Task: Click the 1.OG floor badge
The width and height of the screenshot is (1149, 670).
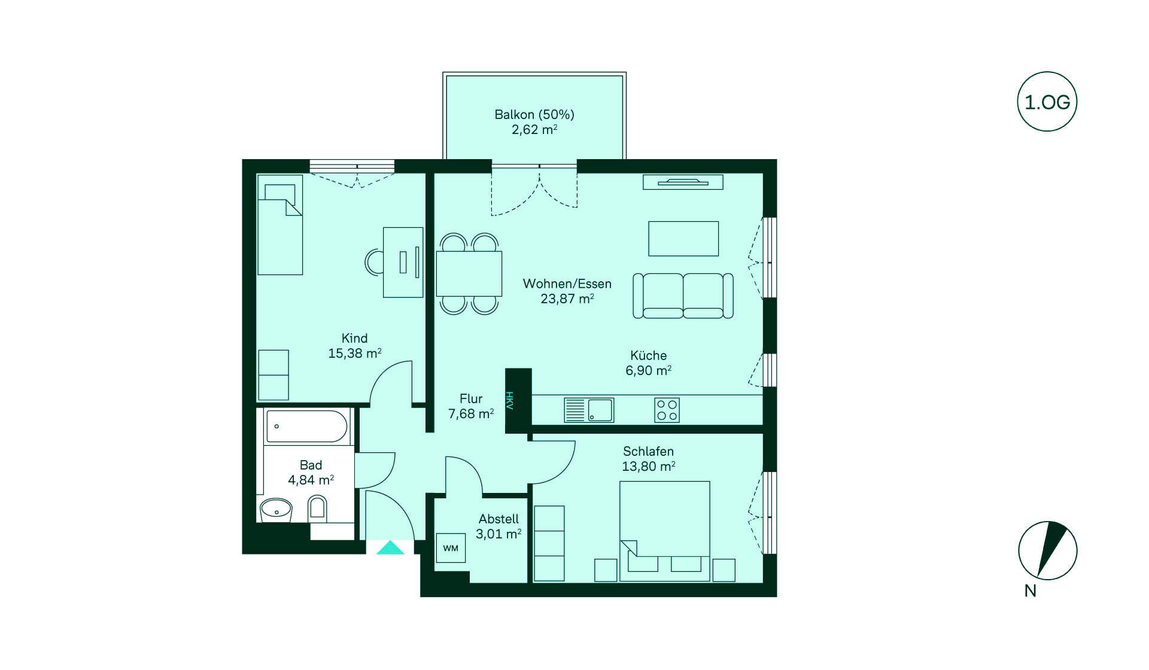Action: [1047, 102]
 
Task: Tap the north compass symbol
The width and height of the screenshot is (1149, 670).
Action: [1048, 550]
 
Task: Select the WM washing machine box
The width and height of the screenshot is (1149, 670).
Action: [451, 548]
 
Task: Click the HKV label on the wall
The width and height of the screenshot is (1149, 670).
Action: [510, 400]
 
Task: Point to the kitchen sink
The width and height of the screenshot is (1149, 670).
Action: [589, 410]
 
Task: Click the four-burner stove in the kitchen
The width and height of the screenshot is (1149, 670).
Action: [667, 410]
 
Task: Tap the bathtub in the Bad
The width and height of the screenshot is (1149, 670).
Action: [306, 427]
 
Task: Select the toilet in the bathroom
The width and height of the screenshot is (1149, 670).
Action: [317, 510]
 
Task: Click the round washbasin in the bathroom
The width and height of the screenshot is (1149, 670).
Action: [276, 510]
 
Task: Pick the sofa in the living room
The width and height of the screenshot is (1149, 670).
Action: [683, 296]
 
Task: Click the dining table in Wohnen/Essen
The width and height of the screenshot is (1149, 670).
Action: [469, 274]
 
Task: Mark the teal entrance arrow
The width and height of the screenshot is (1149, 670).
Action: [390, 547]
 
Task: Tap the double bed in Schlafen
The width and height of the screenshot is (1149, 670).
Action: [665, 531]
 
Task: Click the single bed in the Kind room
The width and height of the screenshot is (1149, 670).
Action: [279, 225]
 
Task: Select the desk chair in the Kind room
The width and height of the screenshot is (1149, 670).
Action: [374, 262]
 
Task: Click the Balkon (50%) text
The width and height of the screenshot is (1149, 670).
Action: [534, 114]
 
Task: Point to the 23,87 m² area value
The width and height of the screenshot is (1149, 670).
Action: [567, 299]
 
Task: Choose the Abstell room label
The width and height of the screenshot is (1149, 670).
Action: [498, 519]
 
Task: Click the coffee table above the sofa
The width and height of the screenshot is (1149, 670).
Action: [683, 239]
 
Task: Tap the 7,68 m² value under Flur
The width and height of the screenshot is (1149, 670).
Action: [471, 413]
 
